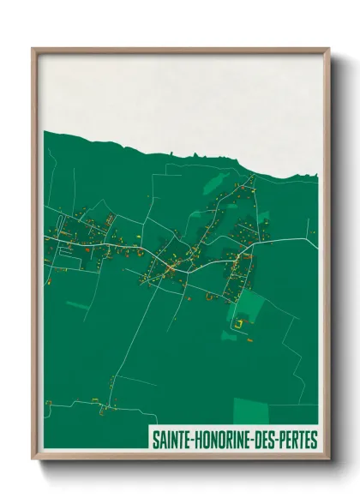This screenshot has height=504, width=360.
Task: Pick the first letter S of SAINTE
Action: tap(155, 440)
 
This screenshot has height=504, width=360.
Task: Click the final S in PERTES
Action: tap(315, 440)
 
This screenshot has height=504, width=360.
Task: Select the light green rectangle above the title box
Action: tap(250, 411)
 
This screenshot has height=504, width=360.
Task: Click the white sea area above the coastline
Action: tap(180, 94)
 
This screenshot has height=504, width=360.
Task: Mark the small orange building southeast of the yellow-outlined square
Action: tap(251, 339)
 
